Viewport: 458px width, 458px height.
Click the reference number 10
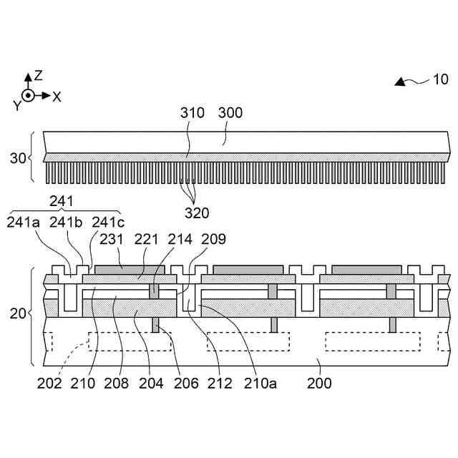[440, 79]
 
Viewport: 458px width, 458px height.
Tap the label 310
[193, 113]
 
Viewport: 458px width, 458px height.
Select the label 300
[230, 113]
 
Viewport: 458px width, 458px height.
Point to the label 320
[197, 213]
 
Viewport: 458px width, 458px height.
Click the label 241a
[23, 223]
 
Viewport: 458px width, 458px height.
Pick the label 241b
[66, 223]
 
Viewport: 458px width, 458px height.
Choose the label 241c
[108, 223]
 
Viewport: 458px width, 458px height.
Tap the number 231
[112, 239]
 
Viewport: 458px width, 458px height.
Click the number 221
[146, 239]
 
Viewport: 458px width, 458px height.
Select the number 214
[180, 239]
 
